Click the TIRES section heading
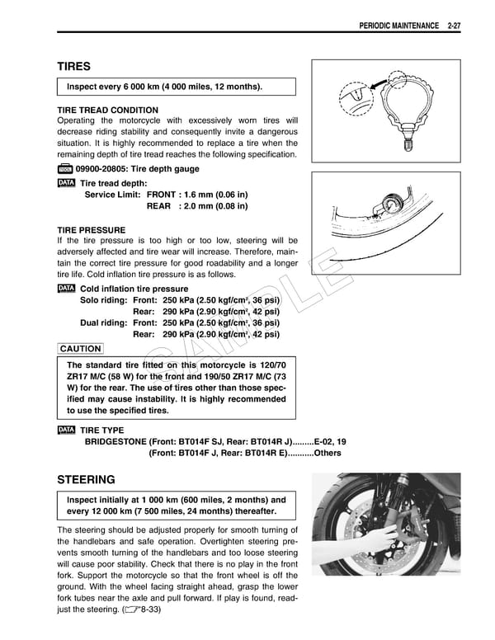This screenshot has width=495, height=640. tap(73, 66)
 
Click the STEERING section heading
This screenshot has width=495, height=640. tap(86, 479)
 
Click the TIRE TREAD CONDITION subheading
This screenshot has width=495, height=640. tap(107, 110)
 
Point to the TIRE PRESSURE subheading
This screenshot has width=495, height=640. tap(91, 229)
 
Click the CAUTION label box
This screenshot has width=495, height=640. tap(81, 349)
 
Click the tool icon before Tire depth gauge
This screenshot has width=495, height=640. tap(66, 169)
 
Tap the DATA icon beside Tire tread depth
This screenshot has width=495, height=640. tap(66, 182)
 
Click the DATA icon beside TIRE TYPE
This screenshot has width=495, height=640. tap(66, 431)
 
